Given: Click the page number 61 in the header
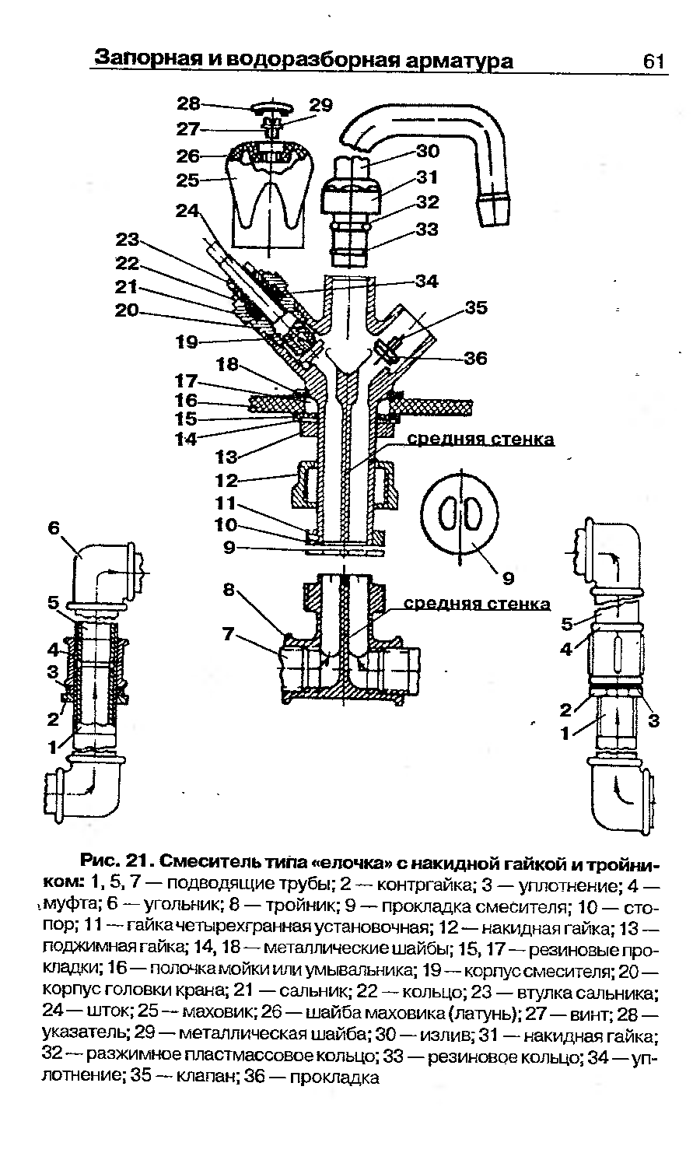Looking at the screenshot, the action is [653, 61].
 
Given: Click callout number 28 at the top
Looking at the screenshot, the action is [188, 103].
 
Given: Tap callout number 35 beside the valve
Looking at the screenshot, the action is [476, 307].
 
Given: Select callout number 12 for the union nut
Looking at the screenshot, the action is [226, 480].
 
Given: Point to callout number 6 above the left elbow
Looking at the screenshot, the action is [54, 527].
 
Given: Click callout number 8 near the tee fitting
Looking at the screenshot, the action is [229, 589].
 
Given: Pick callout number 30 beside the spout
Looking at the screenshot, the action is [428, 151].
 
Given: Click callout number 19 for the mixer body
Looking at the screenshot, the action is [187, 342].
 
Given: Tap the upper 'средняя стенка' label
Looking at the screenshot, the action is [480, 440].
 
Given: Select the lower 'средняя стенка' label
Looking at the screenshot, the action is [477, 604].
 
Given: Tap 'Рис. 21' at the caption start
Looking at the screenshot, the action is [117, 861].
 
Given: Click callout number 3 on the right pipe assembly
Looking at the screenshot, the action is [653, 720].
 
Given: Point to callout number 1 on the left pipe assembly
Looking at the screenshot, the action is [53, 748].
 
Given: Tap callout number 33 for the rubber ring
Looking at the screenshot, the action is [427, 230].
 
